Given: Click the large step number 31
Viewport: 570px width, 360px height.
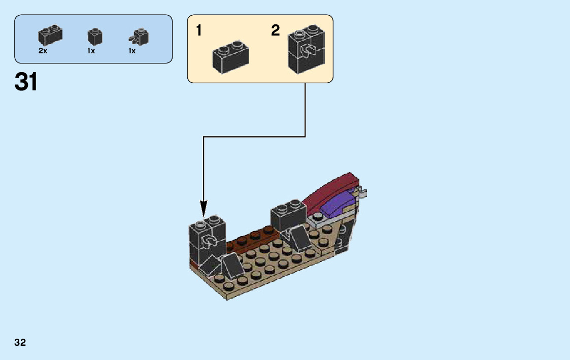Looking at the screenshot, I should pos(26,82).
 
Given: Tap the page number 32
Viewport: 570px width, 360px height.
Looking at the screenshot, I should pos(20,342).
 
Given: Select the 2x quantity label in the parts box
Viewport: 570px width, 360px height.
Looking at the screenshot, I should pos(43,51).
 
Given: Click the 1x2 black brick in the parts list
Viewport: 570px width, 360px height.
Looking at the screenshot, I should pos(50,35).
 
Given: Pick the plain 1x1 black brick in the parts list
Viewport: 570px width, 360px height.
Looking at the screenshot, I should pos(95,37).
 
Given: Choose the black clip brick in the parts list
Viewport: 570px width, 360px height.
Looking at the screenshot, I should pos(139,36).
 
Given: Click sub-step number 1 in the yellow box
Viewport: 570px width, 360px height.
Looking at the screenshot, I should pos(199,31).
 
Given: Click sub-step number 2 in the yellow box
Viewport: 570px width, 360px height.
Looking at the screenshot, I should pos(275,30).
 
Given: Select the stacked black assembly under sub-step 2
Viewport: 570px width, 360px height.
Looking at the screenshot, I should pos(306,52).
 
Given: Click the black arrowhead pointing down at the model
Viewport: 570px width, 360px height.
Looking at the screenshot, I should pos(204,208).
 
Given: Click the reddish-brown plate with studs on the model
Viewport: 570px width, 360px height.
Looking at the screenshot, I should pos(251,239).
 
